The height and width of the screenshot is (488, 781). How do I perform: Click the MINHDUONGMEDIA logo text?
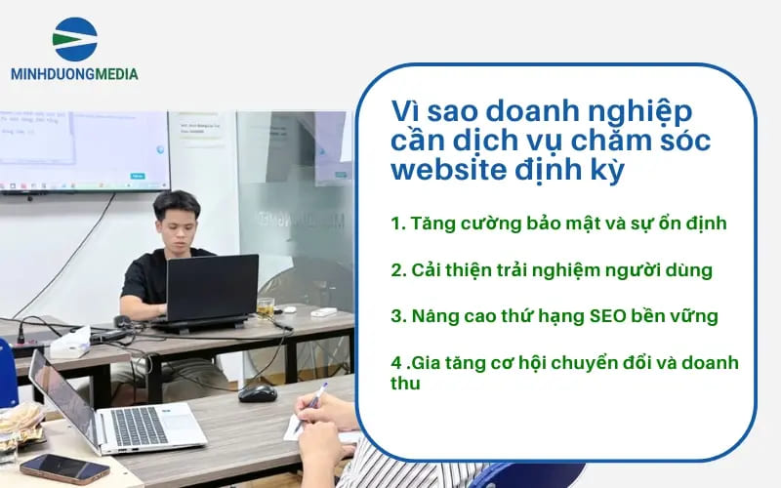click(x=74, y=73)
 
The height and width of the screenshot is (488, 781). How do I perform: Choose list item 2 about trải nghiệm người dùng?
click(x=551, y=269)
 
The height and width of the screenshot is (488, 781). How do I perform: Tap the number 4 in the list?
click(x=395, y=363)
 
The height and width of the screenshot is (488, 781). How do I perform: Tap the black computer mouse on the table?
click(x=257, y=391)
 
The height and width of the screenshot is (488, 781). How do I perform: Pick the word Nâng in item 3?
click(x=431, y=316)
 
